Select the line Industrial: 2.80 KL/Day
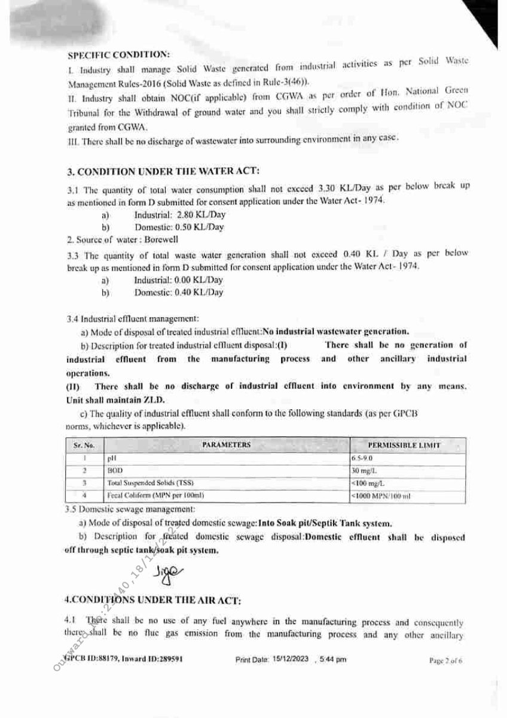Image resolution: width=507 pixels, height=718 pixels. tap(179, 215)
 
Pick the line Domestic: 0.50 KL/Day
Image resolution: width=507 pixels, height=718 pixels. tap(179, 227)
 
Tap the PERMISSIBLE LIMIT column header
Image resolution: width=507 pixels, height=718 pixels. tap(404, 445)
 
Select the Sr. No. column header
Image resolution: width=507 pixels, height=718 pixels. tap(84, 446)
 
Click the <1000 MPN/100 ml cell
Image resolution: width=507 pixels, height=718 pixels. tap(380, 496)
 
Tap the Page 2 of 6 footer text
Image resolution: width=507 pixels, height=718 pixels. tap(446, 661)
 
